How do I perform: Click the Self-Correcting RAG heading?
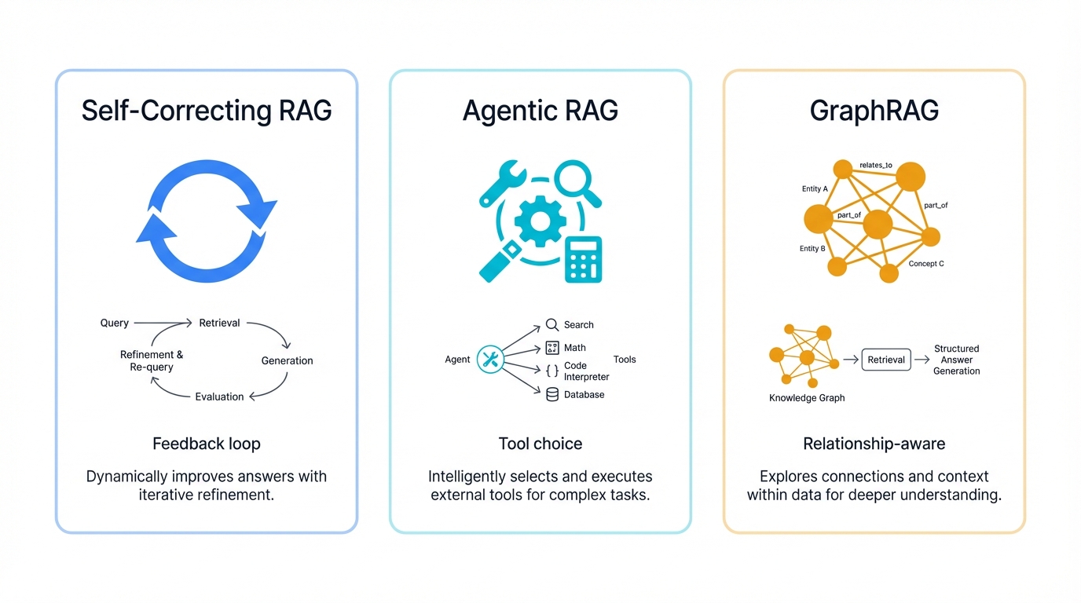(x=207, y=111)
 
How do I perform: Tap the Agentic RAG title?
(x=540, y=111)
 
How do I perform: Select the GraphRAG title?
(x=874, y=111)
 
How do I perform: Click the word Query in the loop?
(x=114, y=323)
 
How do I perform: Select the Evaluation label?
(x=219, y=397)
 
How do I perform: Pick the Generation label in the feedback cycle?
(x=287, y=360)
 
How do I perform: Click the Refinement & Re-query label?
(x=152, y=361)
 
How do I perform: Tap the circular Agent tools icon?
(x=490, y=360)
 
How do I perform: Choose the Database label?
(x=584, y=394)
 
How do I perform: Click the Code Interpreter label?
(x=586, y=371)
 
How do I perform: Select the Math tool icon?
(x=552, y=348)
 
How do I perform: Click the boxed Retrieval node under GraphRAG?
(x=886, y=360)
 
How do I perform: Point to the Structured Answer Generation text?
(x=956, y=360)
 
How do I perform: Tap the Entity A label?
(x=815, y=188)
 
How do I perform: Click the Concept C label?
(x=926, y=264)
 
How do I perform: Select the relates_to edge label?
(x=875, y=165)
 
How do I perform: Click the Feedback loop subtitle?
(x=207, y=444)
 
